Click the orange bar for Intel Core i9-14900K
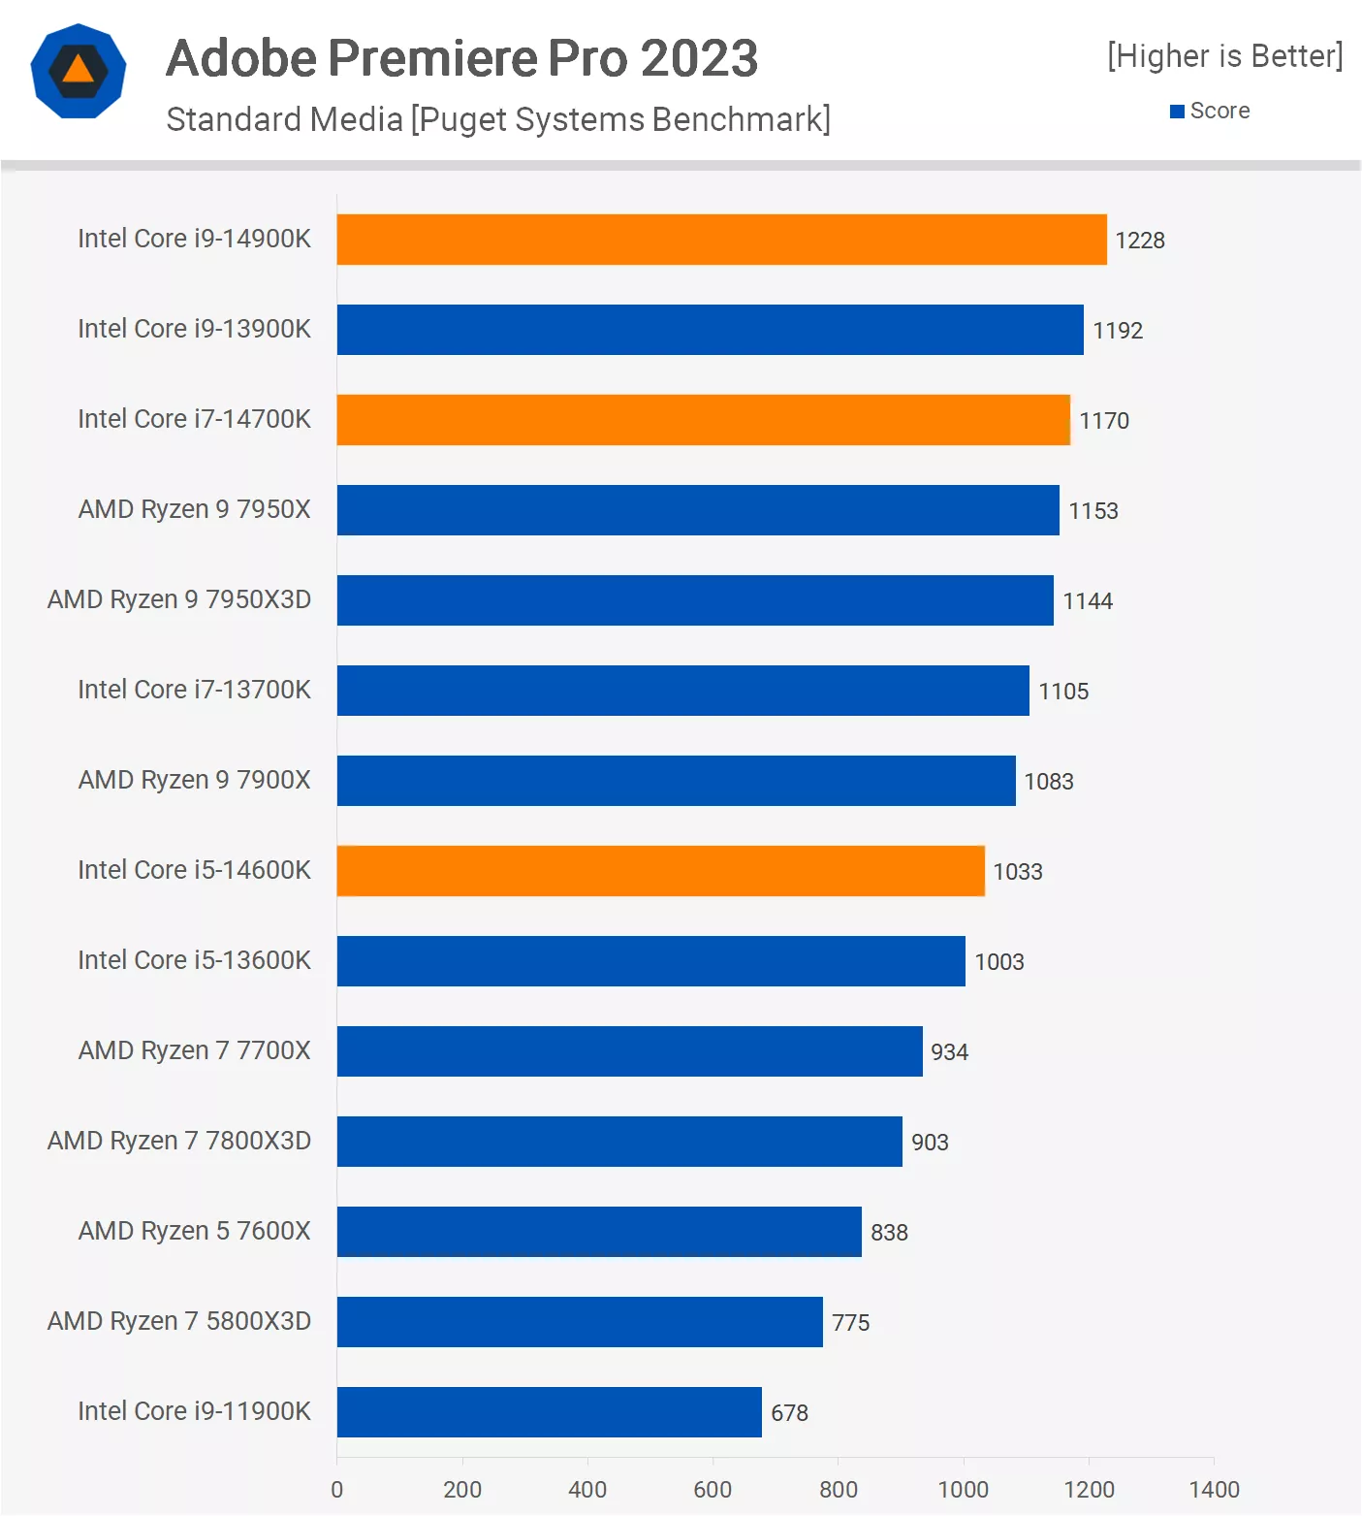[x=721, y=240]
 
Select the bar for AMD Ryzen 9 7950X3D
[x=695, y=600]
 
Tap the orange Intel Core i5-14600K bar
[x=660, y=871]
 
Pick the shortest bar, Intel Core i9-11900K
[x=549, y=1412]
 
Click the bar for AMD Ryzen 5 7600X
[x=599, y=1232]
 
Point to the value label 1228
[x=1139, y=241]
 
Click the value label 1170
[x=1104, y=421]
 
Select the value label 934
[x=949, y=1052]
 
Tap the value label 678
[x=789, y=1413]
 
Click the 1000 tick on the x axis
[x=963, y=1489]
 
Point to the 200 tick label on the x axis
[x=462, y=1489]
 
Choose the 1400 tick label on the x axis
[x=1214, y=1489]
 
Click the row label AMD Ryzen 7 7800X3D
[x=179, y=1141]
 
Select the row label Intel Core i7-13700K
[x=194, y=690]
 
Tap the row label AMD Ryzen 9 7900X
[x=194, y=780]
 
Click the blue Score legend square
[x=1177, y=112]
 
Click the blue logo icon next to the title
[x=79, y=71]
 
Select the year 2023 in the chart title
[x=699, y=58]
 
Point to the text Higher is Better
[x=1225, y=56]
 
